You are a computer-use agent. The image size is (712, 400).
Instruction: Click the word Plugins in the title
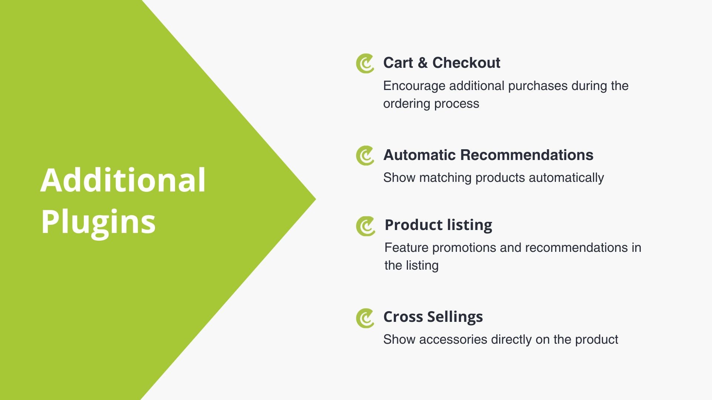[98, 222]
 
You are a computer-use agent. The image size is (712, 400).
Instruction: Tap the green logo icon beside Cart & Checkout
[365, 63]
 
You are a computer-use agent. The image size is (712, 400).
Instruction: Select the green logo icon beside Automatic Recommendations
[365, 156]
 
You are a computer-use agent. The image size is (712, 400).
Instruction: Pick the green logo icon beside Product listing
[366, 226]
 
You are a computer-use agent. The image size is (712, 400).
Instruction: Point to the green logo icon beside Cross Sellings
[365, 318]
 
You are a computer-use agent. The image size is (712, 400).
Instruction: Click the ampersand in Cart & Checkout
[422, 63]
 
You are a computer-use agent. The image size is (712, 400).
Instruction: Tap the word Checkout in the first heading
[466, 63]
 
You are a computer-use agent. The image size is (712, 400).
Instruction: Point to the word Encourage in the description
[414, 86]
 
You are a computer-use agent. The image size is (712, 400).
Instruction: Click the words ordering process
[431, 104]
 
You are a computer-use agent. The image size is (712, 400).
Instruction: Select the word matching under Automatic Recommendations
[445, 178]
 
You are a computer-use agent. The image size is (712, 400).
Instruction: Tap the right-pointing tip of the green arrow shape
[316, 199]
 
